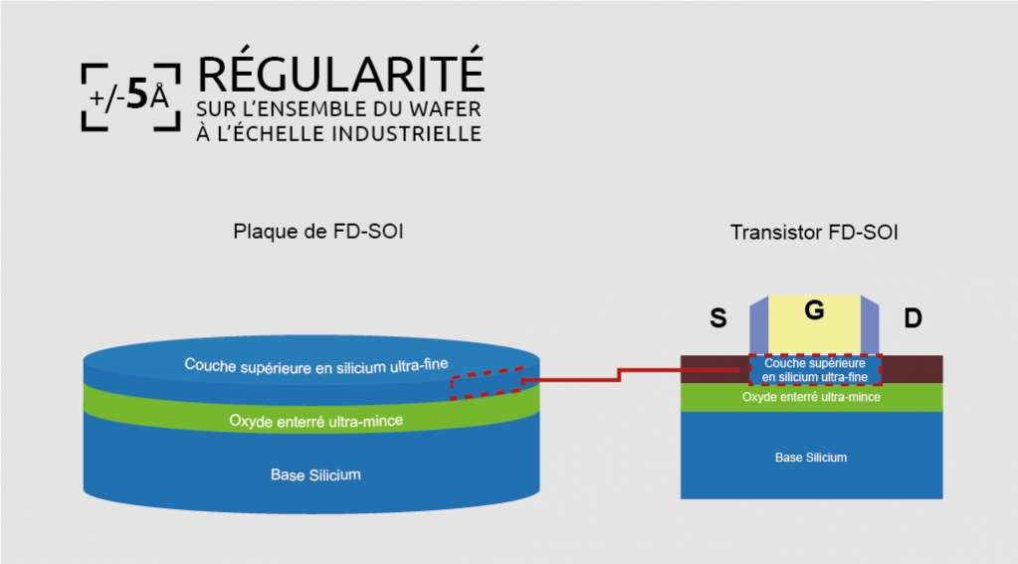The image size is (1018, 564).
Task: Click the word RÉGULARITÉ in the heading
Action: coord(341,77)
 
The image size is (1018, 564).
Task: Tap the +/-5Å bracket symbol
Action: coord(130,96)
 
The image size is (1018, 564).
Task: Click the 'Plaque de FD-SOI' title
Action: coord(317,232)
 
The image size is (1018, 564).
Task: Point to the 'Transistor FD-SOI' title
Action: coord(814,232)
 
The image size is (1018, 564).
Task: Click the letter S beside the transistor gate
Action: coord(716,318)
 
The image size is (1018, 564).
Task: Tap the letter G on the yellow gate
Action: coord(814,310)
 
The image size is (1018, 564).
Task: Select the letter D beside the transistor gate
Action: coord(913,318)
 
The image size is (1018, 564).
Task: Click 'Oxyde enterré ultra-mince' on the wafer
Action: coord(316,421)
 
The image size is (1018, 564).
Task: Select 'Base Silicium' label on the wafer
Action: coord(315,474)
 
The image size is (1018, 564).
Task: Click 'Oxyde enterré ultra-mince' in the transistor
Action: coord(811,397)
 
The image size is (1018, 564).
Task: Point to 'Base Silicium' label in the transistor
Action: coord(811,457)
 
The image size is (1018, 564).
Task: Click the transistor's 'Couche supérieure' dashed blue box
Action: coord(814,370)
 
